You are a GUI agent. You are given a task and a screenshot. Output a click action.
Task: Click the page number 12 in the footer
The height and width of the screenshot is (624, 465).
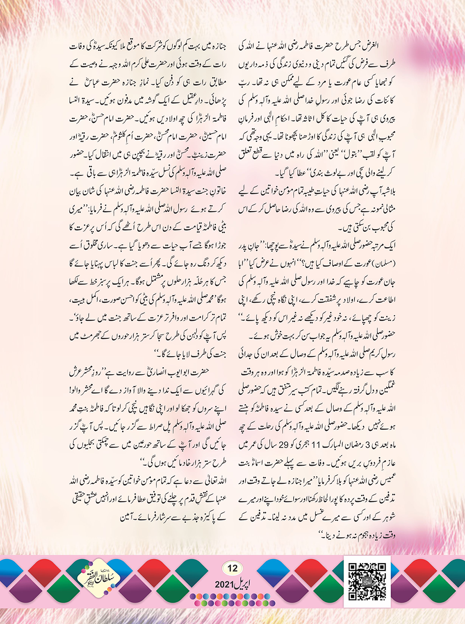click(232, 568)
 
